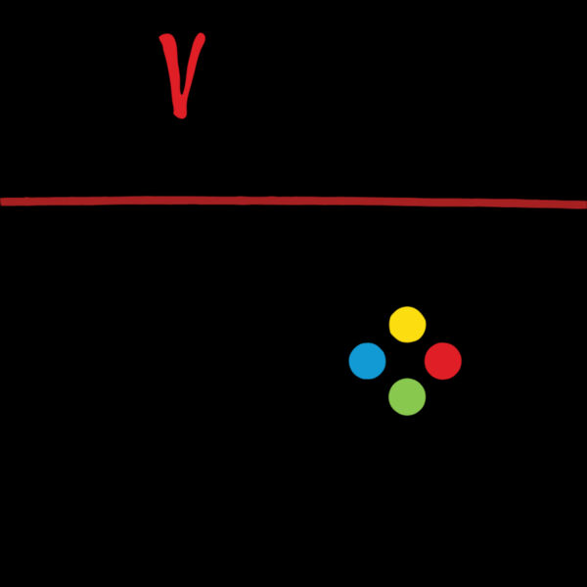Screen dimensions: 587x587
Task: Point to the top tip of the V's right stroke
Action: point(203,35)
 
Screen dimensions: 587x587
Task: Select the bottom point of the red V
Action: point(180,116)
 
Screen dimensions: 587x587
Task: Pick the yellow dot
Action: point(407,324)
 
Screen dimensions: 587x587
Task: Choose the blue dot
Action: point(367,361)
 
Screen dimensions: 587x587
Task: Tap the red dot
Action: point(443,361)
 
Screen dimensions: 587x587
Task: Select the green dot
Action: point(407,397)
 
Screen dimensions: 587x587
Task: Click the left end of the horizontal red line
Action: point(1,203)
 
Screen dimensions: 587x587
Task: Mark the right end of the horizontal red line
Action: point(586,204)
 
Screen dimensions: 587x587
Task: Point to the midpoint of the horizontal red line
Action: point(293,201)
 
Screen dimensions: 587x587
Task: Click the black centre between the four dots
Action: point(407,360)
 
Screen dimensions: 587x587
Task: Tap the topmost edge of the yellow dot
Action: point(407,306)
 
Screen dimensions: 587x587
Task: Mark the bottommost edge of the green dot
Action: point(407,415)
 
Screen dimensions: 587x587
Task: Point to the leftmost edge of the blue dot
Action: point(349,361)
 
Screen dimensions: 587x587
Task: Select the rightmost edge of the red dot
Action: point(461,361)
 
